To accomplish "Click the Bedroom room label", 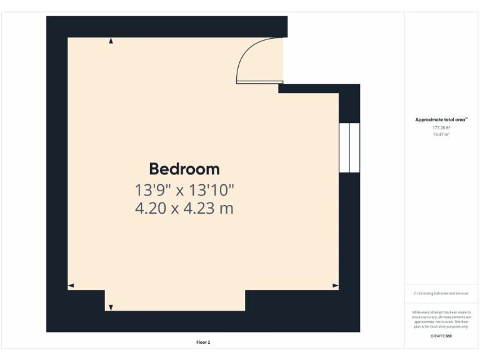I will tap(184, 169).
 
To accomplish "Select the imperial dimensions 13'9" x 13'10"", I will tap(184, 189).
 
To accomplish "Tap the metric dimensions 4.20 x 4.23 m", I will tap(184, 208).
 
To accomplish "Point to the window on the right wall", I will tap(349, 147).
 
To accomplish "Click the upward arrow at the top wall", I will tap(111, 41).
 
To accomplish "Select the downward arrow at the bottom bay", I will tap(111, 307).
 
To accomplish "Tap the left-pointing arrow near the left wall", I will tap(71, 286).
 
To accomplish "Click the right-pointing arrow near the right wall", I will tap(336, 286).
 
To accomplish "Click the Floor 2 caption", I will tap(203, 342).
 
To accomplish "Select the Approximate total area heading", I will tap(441, 119).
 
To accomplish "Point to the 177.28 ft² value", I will tap(441, 127).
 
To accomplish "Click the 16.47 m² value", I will tap(441, 134).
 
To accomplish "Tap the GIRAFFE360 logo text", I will tap(441, 336).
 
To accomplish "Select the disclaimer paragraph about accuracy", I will tap(441, 319).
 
